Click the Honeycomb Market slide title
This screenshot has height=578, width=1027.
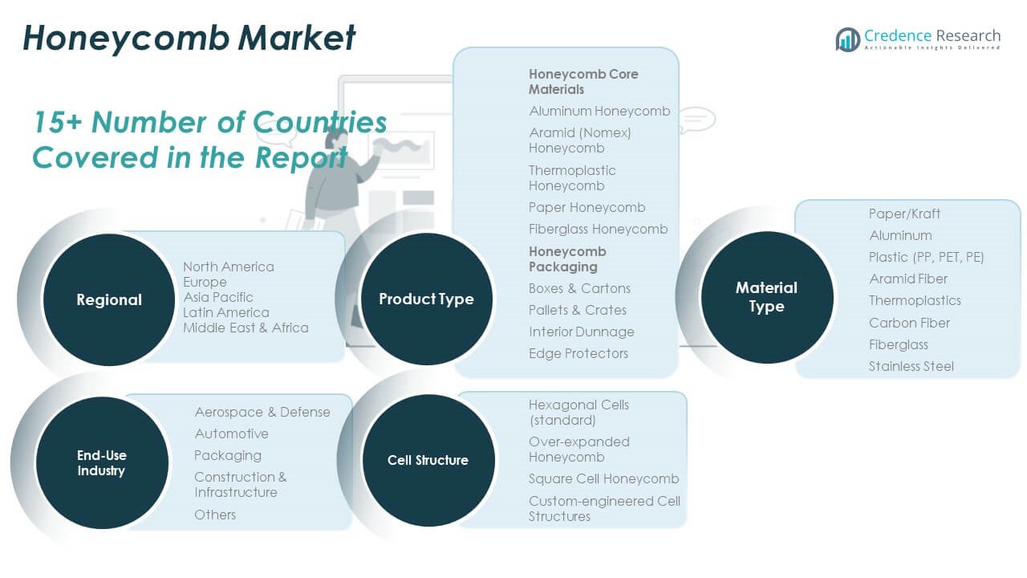(x=189, y=38)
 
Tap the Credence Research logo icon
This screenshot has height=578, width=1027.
(x=847, y=39)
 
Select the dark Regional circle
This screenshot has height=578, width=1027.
(x=108, y=299)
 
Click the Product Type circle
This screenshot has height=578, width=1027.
(x=426, y=299)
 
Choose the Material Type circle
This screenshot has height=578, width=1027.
(x=766, y=296)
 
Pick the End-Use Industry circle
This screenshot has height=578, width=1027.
(x=101, y=462)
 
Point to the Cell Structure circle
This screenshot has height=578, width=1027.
(x=428, y=460)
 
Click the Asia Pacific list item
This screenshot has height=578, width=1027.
(x=218, y=297)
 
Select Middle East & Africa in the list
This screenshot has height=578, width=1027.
(x=246, y=328)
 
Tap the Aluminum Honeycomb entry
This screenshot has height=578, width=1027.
(x=599, y=111)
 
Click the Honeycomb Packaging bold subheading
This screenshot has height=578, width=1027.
(x=567, y=258)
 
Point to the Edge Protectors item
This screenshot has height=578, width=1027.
(x=578, y=353)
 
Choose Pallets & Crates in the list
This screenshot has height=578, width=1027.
(x=578, y=310)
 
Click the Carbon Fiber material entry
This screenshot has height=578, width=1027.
(x=909, y=323)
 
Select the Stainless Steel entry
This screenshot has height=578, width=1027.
(x=911, y=366)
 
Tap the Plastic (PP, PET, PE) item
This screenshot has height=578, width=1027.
(x=926, y=257)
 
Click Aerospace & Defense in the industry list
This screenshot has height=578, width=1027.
(x=262, y=412)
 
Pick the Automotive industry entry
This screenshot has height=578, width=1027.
(x=231, y=433)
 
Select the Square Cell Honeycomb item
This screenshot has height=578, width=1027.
(x=603, y=478)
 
